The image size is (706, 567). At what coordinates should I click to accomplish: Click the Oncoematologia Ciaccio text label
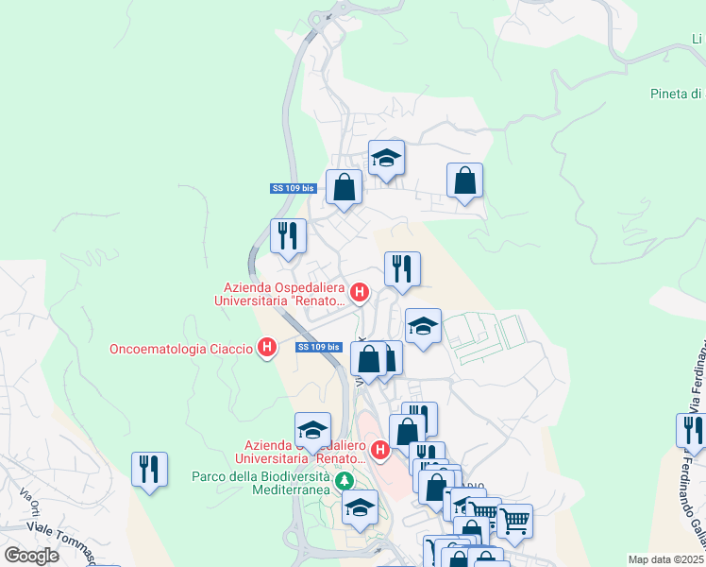click(x=181, y=349)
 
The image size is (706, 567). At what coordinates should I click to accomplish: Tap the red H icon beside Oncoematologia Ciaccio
click(x=267, y=349)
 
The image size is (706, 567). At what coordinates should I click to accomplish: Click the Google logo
click(x=31, y=556)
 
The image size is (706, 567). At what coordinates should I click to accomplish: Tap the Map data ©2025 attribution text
click(x=666, y=559)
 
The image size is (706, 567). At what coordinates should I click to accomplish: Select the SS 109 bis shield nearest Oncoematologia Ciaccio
click(x=318, y=347)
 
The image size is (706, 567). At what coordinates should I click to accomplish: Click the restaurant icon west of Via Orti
click(x=149, y=469)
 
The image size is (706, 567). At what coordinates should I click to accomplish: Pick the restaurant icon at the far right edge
click(x=692, y=431)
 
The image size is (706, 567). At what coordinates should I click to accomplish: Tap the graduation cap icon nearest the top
click(x=386, y=158)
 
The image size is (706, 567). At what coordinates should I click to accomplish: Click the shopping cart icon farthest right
click(x=514, y=521)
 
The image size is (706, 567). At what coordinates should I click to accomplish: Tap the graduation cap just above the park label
click(x=312, y=430)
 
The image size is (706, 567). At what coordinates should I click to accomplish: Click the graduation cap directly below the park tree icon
click(x=360, y=508)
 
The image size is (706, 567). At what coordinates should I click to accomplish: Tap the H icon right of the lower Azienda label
click(x=380, y=450)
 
